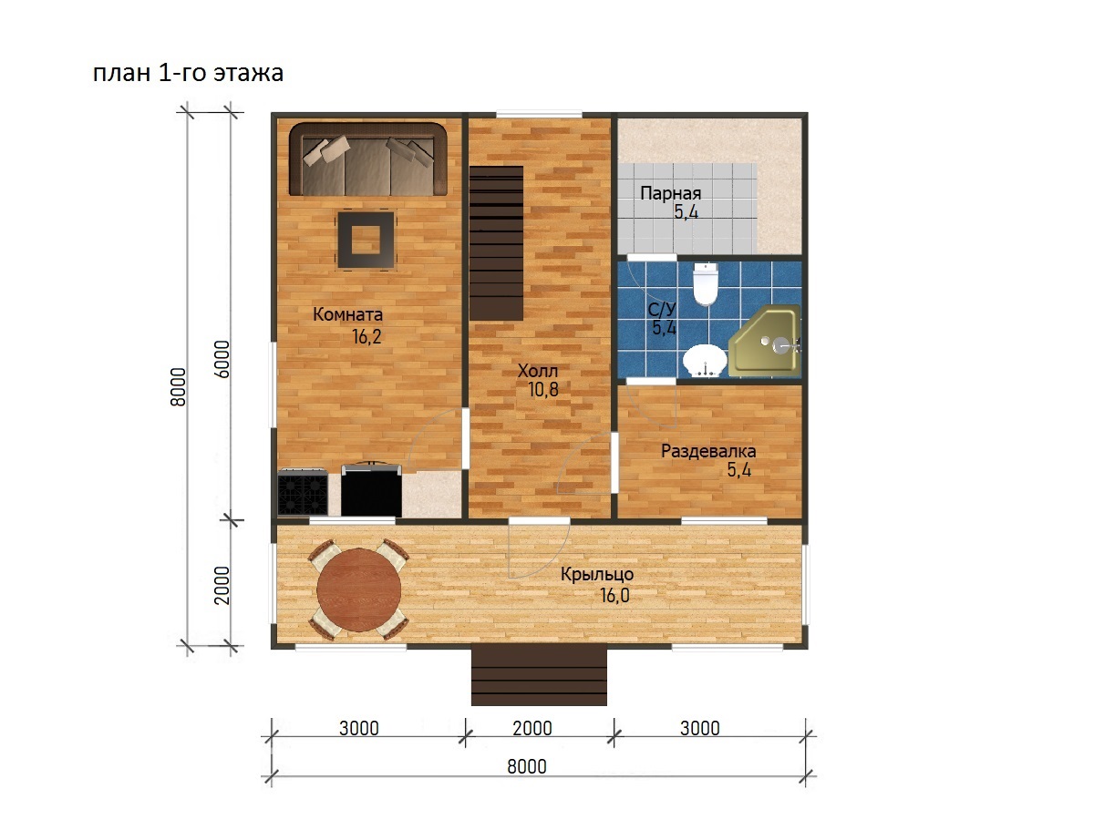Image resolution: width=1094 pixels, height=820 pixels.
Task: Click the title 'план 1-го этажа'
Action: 188,73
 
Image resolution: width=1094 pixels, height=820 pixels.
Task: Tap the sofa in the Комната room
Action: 367,159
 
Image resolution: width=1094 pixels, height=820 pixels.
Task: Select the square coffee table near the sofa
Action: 366,240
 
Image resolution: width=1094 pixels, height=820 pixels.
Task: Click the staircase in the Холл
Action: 496,243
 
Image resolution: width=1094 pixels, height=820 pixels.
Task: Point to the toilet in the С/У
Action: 706,283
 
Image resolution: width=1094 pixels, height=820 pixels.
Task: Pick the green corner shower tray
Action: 764,341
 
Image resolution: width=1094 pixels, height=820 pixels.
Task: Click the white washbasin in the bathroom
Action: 705,361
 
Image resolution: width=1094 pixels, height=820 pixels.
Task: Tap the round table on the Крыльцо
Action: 359,590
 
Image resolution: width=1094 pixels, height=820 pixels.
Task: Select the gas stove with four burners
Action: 303,492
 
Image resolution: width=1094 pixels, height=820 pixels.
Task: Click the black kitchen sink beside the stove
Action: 371,490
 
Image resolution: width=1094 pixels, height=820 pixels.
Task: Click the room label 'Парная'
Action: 670,193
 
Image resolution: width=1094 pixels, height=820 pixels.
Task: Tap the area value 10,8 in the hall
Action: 542,389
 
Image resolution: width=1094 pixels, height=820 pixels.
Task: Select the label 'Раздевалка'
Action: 708,451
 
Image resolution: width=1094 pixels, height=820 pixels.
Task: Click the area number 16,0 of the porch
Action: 614,595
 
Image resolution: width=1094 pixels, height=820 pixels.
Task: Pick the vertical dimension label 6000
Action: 222,359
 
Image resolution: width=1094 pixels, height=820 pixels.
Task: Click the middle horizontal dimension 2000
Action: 532,728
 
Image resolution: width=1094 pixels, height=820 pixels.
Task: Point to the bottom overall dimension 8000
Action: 527,766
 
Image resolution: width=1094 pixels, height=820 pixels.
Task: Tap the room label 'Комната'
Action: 348,314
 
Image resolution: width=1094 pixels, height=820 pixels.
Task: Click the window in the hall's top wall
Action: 540,115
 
